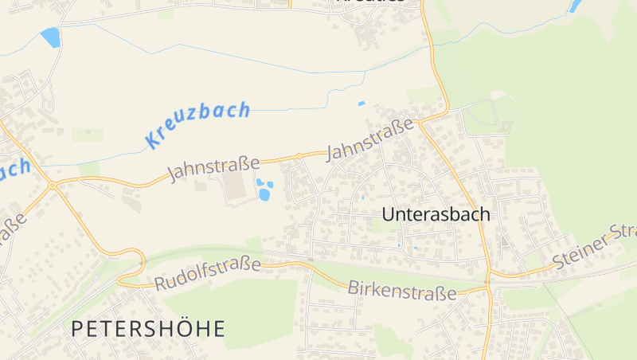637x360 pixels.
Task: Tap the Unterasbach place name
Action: [x=436, y=214]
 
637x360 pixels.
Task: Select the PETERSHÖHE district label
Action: [x=148, y=328]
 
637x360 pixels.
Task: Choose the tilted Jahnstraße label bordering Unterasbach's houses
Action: [x=371, y=139]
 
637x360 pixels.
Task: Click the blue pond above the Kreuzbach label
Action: [x=50, y=37]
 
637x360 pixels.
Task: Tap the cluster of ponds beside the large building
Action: [x=264, y=190]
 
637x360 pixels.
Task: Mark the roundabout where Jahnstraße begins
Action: [x=53, y=186]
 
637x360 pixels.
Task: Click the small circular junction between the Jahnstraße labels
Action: [x=299, y=155]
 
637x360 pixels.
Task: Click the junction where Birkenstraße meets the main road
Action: [x=487, y=283]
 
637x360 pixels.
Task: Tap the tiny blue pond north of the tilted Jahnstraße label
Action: [x=361, y=104]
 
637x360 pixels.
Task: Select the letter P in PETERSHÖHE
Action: [x=78, y=328]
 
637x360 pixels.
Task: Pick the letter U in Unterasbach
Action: [x=389, y=214]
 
